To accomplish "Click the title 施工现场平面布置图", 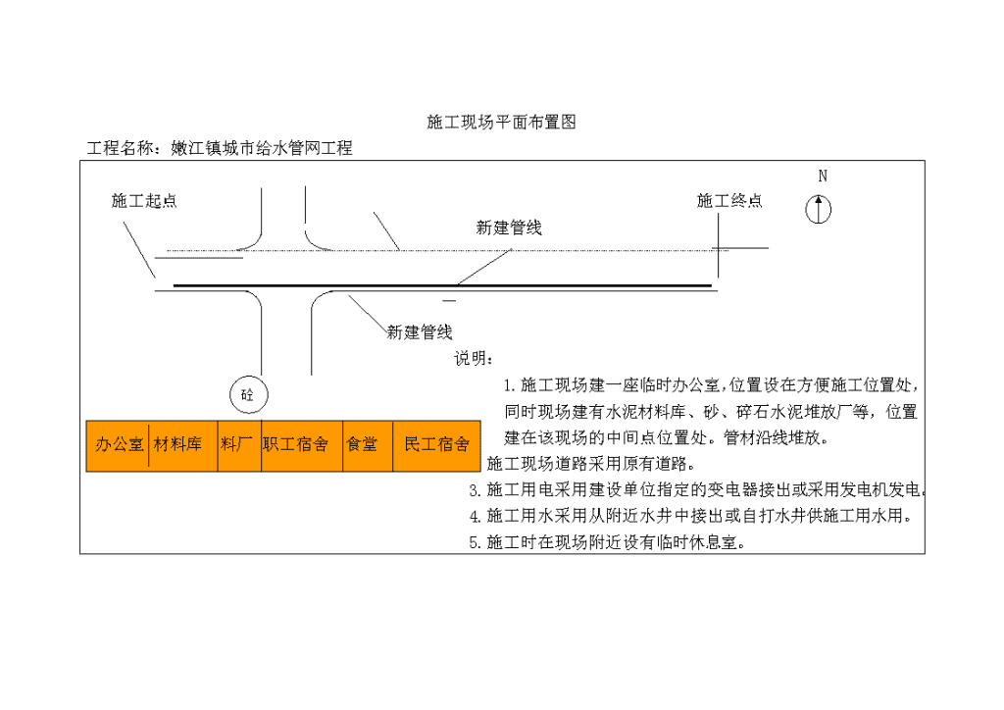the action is pyautogui.click(x=501, y=122).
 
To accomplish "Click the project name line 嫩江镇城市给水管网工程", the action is pyautogui.click(x=261, y=148).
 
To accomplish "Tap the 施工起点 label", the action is pyautogui.click(x=144, y=200).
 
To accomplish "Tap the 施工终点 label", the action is pyautogui.click(x=729, y=200).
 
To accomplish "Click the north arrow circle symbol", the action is pyautogui.click(x=819, y=209).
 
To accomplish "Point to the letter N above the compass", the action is pyautogui.click(x=823, y=176).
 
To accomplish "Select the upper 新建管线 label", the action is pyautogui.click(x=509, y=228).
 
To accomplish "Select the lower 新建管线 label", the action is pyautogui.click(x=420, y=331).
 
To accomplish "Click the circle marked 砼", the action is pyautogui.click(x=248, y=394).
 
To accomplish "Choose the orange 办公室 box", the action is pyautogui.click(x=118, y=445).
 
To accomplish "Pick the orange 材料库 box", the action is pyautogui.click(x=183, y=445).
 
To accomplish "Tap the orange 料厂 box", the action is pyautogui.click(x=239, y=445).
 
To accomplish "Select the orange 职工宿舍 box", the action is pyautogui.click(x=302, y=445).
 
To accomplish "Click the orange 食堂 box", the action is pyautogui.click(x=369, y=445).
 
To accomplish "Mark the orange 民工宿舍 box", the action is pyautogui.click(x=436, y=445).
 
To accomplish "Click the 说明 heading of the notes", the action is pyautogui.click(x=474, y=358).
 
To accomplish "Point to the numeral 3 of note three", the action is pyautogui.click(x=474, y=490).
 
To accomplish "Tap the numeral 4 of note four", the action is pyautogui.click(x=474, y=516).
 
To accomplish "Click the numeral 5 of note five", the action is pyautogui.click(x=474, y=543).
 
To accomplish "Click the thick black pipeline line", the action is pyautogui.click(x=442, y=285).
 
